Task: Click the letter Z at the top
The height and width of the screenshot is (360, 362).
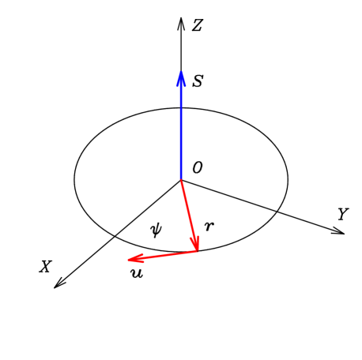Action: click(x=197, y=26)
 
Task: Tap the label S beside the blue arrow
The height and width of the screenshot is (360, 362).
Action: click(x=198, y=81)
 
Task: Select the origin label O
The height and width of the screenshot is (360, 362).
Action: click(x=198, y=167)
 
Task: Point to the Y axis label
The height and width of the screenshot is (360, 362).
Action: click(x=342, y=214)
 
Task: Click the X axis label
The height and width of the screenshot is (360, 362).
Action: click(x=46, y=267)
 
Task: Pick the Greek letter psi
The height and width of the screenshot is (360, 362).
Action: click(x=156, y=229)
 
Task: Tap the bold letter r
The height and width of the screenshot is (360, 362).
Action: click(x=209, y=227)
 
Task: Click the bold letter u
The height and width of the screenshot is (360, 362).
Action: click(x=137, y=273)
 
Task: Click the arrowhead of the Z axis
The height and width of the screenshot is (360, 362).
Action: click(x=181, y=21)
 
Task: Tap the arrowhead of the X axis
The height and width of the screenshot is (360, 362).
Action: click(x=57, y=285)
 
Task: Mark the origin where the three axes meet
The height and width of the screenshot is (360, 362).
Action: click(x=181, y=180)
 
